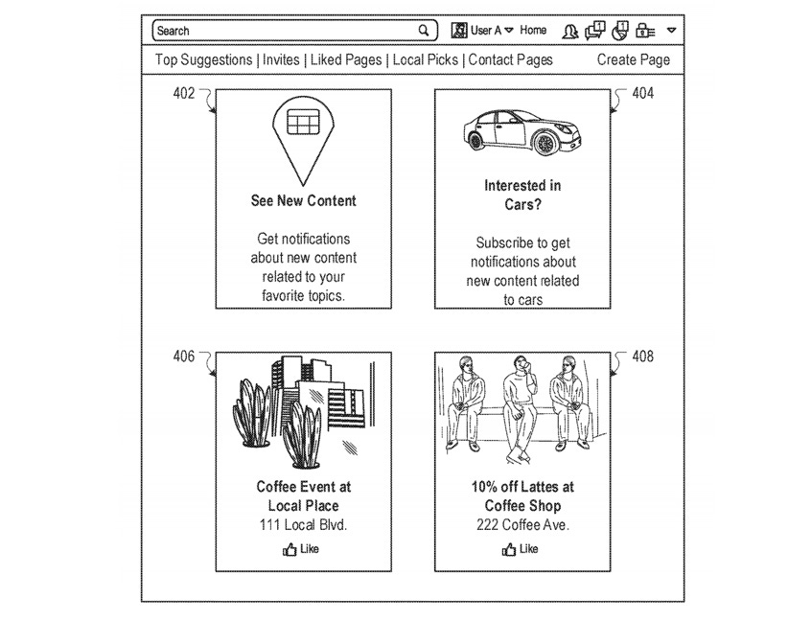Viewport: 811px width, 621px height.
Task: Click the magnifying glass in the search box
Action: (424, 31)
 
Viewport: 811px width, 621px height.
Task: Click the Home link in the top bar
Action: (533, 31)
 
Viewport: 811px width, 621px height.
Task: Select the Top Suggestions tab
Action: (204, 59)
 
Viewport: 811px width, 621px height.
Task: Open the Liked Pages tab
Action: (346, 59)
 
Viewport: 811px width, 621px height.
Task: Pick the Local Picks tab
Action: (426, 59)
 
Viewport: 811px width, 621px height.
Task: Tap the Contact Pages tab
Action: (510, 59)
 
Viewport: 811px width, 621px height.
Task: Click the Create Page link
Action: (633, 59)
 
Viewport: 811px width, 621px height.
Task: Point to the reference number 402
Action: (183, 94)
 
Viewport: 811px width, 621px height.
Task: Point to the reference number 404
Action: (643, 94)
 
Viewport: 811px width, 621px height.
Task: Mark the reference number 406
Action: (183, 357)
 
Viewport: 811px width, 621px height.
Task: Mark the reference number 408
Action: (643, 357)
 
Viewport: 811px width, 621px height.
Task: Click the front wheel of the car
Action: (545, 144)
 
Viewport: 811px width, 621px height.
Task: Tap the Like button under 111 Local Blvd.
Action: (301, 549)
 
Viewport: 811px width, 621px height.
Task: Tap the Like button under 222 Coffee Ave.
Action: (521, 549)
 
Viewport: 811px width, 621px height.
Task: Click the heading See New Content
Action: (303, 201)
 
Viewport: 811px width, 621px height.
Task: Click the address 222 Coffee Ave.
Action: (522, 525)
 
